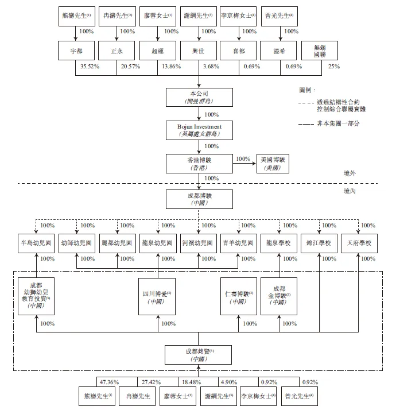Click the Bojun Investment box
[199, 130]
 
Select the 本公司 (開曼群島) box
[199, 97]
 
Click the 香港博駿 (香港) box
[199, 163]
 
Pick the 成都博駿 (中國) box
[199, 199]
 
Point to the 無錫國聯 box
[320, 51]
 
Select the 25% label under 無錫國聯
[333, 67]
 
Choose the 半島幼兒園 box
[36, 243]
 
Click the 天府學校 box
[359, 243]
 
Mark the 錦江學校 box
[319, 243]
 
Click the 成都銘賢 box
[199, 354]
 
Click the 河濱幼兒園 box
[199, 243]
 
